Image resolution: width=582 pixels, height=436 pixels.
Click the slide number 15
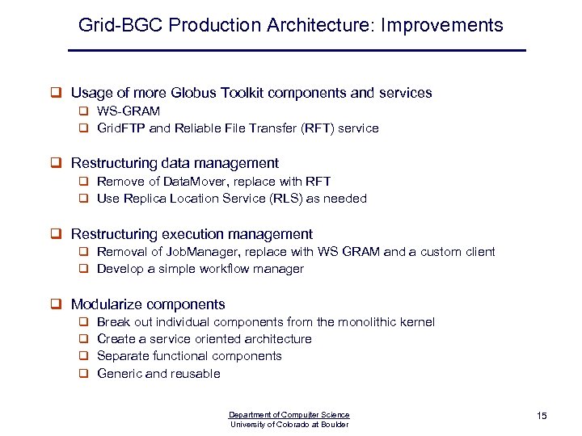[x=542, y=415]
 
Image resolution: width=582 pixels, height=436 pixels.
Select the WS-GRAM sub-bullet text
[x=129, y=111]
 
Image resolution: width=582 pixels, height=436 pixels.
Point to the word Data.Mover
[x=187, y=181]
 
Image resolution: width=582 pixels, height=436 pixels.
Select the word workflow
[x=221, y=268]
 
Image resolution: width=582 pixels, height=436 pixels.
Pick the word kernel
[x=417, y=321]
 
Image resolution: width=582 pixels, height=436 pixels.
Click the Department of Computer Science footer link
[x=289, y=415]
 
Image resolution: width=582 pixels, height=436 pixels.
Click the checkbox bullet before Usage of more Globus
[x=57, y=93]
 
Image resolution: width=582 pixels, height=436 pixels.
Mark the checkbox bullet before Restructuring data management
[x=57, y=163]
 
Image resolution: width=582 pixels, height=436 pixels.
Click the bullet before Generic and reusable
[x=82, y=373]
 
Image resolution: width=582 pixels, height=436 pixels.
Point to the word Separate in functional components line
[x=121, y=355]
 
